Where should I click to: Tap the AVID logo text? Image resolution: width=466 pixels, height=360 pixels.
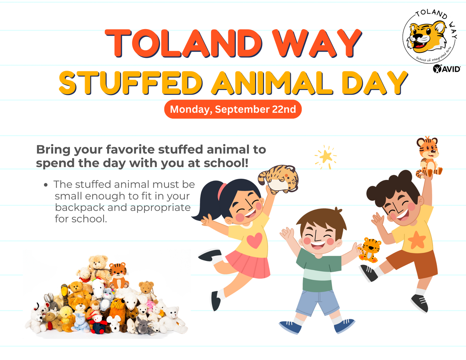coord(447,69)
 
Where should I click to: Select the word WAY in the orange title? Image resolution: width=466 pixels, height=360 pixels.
coord(316,43)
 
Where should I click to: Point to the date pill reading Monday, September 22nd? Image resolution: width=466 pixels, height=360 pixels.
coord(233,109)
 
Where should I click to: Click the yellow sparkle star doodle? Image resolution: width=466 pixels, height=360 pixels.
coord(325,157)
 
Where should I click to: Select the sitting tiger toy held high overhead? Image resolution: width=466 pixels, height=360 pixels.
coord(429,157)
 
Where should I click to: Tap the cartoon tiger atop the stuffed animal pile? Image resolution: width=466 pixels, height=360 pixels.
coord(118,275)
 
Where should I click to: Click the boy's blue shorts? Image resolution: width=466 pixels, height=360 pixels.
coord(317,303)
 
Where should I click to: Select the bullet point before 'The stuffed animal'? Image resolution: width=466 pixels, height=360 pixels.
coord(46,185)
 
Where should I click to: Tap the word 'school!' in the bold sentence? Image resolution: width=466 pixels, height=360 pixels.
coord(226,163)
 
